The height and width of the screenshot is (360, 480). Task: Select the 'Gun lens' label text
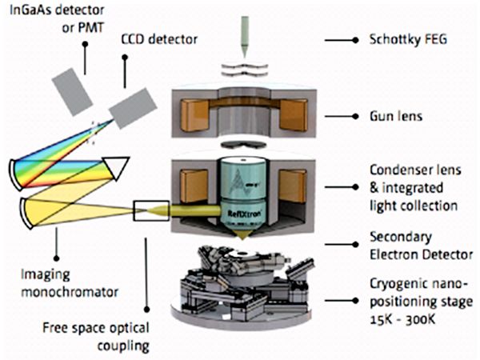click(396, 116)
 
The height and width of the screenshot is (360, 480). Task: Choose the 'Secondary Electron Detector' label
click(418, 246)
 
